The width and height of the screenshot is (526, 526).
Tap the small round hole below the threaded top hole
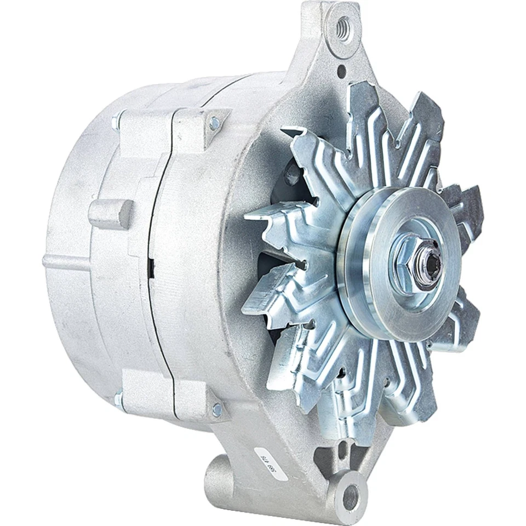tap(342, 70)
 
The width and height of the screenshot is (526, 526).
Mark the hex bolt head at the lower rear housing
tap(118, 399)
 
